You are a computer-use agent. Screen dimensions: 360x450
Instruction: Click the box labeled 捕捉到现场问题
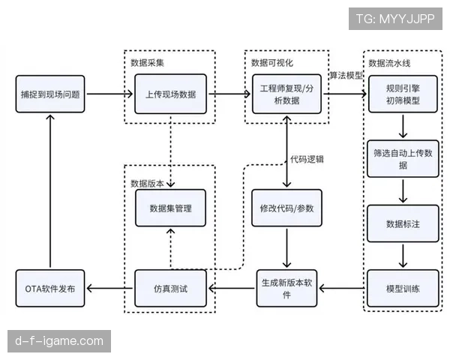[50, 94]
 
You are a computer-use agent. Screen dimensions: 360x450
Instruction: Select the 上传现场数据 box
[171, 94]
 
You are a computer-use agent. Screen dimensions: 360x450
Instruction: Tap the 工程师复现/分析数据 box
[287, 94]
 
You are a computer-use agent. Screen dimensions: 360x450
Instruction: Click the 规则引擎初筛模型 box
[403, 94]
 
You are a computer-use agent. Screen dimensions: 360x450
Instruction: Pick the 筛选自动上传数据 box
[403, 158]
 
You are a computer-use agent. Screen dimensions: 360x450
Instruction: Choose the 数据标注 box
[403, 223]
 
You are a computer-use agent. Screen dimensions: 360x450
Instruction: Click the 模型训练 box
[403, 289]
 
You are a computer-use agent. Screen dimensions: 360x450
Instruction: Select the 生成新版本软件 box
[287, 289]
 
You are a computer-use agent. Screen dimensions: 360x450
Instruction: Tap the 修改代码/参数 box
[287, 208]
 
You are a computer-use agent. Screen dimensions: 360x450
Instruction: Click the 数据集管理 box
[171, 208]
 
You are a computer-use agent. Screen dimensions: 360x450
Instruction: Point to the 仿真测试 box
[171, 289]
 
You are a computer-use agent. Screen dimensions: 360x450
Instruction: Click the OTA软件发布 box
[50, 289]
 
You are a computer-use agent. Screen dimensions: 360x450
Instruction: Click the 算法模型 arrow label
[346, 75]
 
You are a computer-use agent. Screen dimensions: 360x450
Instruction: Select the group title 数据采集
[145, 61]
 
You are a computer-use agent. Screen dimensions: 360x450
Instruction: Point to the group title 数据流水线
[389, 61]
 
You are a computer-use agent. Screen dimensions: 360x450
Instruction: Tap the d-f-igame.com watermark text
[59, 341]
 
